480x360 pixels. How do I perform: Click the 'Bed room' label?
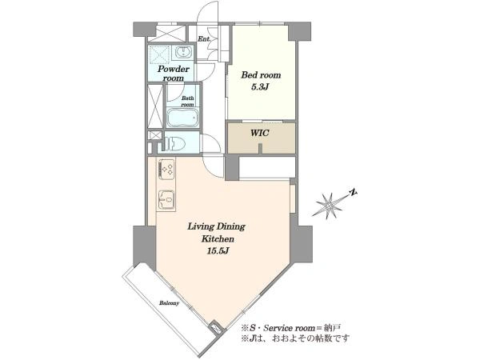click(261, 75)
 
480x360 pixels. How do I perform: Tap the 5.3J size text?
click(260, 87)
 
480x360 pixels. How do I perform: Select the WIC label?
click(259, 133)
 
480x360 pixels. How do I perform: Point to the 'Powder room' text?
click(174, 74)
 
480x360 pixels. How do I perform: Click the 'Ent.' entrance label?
click(203, 39)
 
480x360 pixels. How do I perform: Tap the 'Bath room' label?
click(188, 102)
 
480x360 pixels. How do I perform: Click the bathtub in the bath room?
click(183, 118)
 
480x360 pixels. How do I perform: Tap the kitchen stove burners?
click(166, 170)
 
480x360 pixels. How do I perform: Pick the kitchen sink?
click(166, 200)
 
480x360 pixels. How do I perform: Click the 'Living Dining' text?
click(217, 227)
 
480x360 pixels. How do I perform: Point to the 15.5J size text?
click(218, 251)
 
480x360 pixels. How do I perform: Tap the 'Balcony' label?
click(169, 303)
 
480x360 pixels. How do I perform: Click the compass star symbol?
click(330, 205)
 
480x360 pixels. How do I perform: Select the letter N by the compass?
click(353, 193)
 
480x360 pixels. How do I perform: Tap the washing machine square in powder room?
click(159, 55)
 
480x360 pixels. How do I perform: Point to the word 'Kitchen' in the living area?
click(218, 238)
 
